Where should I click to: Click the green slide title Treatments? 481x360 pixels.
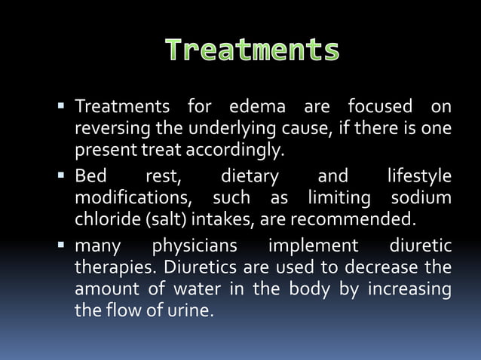coord(252,50)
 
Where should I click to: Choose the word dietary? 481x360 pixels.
coord(249,176)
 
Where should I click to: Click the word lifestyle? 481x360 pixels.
coord(419,176)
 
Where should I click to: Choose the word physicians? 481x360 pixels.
coord(195,246)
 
